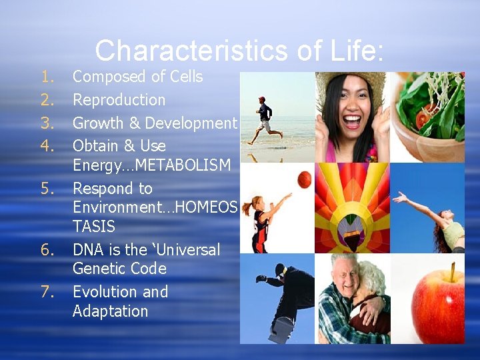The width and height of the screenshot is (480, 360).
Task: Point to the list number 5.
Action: [x=46, y=189]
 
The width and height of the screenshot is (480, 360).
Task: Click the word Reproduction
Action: [x=119, y=101]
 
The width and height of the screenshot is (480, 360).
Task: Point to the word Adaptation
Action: [x=110, y=311]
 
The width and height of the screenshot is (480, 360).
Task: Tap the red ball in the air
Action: [x=304, y=179]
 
